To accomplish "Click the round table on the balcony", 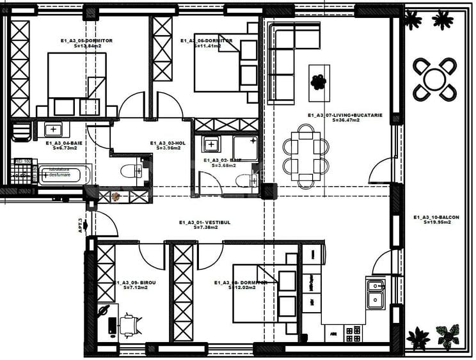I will tap(434, 79).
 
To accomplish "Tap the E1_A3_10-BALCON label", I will tap(436, 217).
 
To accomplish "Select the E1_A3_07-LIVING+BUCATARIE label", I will tap(345, 115).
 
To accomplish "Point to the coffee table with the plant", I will tap(319, 82).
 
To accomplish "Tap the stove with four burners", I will tap(353, 333).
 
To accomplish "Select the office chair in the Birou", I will tap(130, 324).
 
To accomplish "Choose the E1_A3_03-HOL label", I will tap(168, 143).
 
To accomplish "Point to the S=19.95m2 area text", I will tap(436, 223).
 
